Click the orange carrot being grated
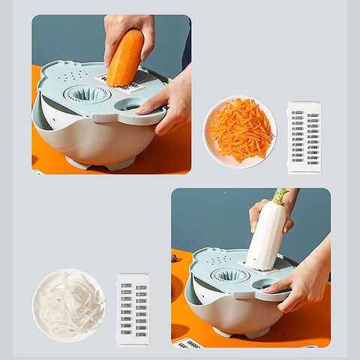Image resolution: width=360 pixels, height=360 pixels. click(x=125, y=58)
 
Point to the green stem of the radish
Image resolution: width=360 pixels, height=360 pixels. click(x=280, y=196)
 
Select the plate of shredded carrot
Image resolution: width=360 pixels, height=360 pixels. click(x=239, y=132)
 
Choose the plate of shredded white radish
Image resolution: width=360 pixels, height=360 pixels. click(x=69, y=304)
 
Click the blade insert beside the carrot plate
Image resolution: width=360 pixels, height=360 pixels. click(x=304, y=137)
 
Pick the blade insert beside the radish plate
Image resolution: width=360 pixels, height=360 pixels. click(x=132, y=309)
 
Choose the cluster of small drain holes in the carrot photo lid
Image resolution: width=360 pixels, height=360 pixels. click(x=70, y=76)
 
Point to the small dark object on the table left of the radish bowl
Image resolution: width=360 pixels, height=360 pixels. click(x=174, y=257)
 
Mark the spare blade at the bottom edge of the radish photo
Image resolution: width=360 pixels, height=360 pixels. click(x=189, y=343)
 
